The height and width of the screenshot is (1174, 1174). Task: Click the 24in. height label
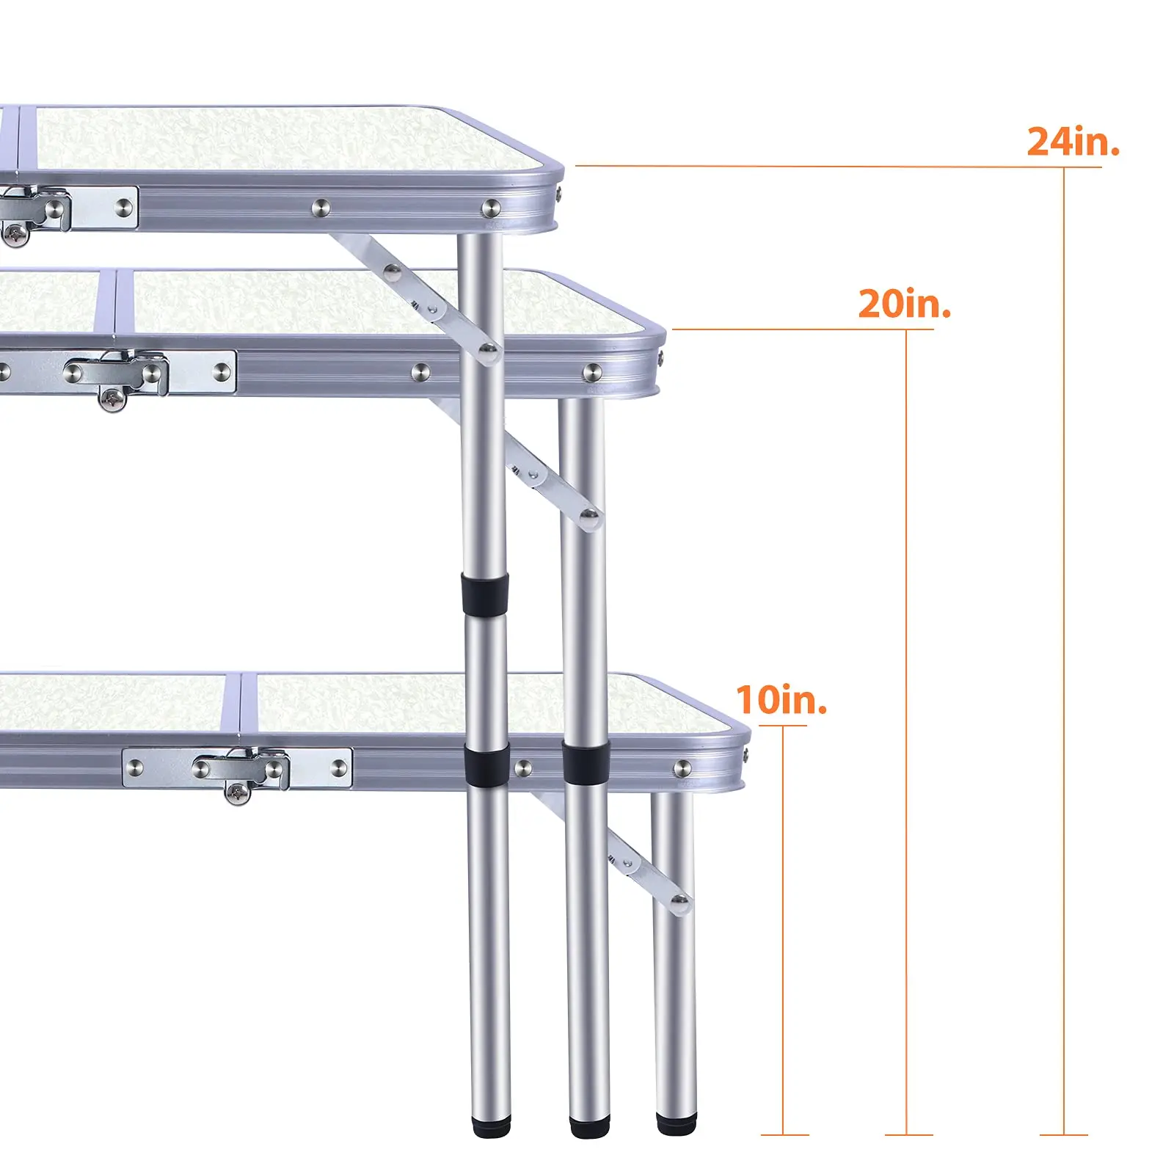pos(1072,142)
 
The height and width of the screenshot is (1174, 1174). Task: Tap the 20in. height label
pos(904,304)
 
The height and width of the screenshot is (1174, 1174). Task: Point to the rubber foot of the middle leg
pos(588,1128)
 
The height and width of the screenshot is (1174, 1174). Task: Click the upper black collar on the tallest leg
pos(484,594)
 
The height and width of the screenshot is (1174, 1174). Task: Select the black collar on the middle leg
pos(586,762)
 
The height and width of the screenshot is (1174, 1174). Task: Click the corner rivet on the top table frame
pos(491,208)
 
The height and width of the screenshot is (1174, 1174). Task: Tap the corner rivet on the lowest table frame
pos(682,768)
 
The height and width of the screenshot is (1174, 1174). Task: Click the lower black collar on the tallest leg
pos(486,762)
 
